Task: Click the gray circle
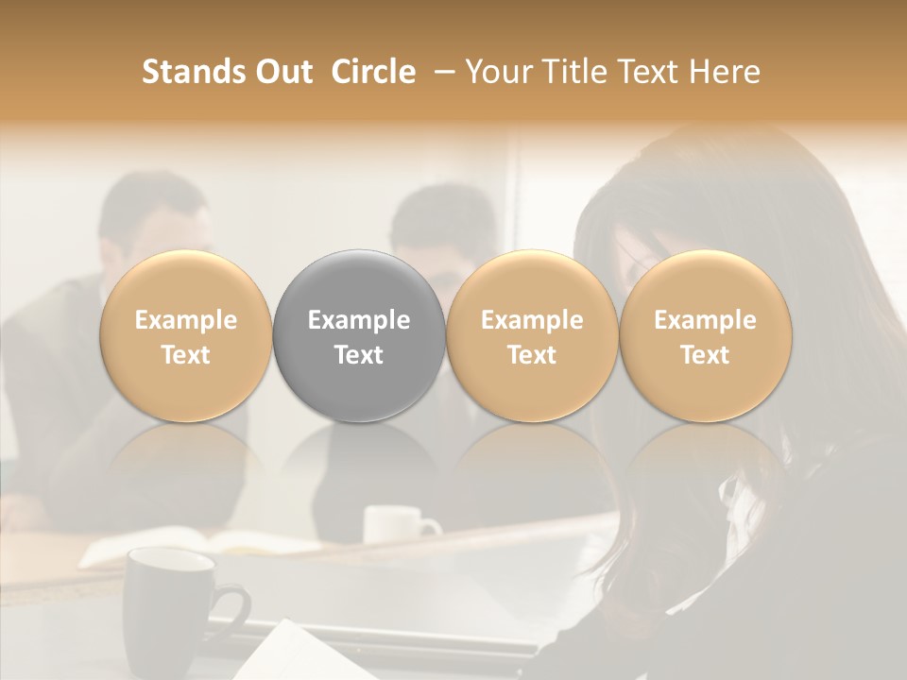(x=359, y=336)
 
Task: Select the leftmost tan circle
(x=186, y=336)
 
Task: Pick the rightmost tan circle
(x=705, y=336)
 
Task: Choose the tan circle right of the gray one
(x=532, y=336)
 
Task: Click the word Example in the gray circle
(x=359, y=320)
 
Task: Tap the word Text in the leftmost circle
(x=186, y=355)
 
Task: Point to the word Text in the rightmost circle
(x=705, y=355)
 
